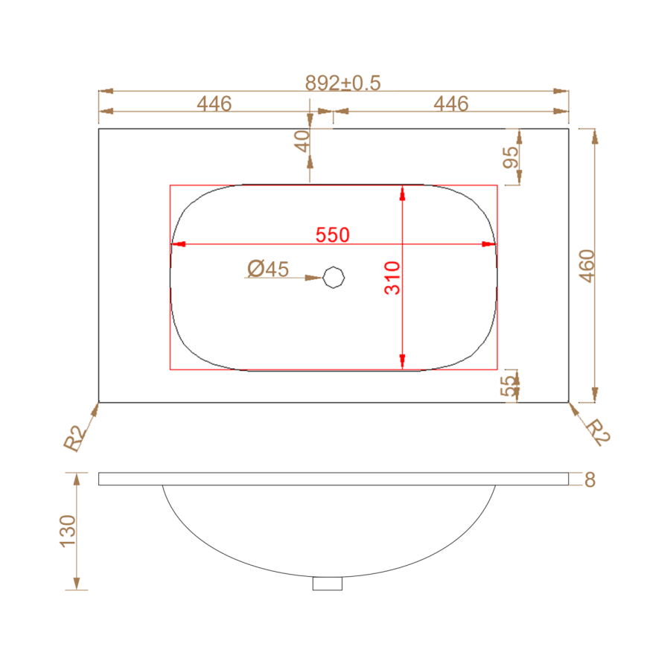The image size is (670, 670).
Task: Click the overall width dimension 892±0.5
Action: coord(342,83)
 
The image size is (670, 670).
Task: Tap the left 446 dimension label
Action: coord(214,103)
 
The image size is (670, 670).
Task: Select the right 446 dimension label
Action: coord(451,103)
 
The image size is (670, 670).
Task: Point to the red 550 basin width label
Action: coord(333,235)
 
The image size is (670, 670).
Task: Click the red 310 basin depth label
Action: coord(392,278)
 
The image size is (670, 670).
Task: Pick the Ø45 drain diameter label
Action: coord(268,269)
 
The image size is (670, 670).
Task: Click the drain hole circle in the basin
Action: coord(334,278)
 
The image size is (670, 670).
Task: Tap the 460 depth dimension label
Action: coord(587,266)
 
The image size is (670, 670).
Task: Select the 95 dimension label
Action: coord(511,157)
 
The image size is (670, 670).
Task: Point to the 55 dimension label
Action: coord(508,386)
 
